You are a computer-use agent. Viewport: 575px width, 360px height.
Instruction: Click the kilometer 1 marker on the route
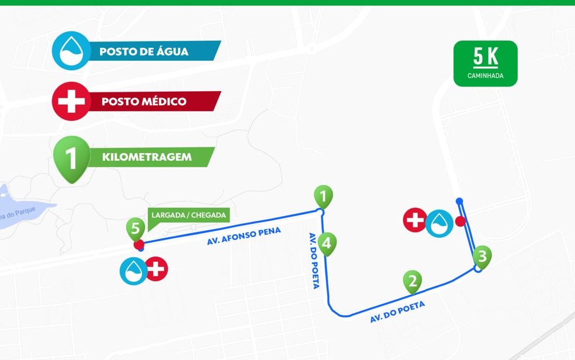tap(323, 196)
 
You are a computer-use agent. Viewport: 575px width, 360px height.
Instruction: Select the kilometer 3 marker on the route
tap(482, 257)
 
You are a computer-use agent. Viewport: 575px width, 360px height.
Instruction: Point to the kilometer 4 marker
tap(327, 243)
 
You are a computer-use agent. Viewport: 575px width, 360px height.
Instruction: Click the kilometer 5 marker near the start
tap(136, 229)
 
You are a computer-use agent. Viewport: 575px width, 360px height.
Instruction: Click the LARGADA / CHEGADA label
tap(189, 215)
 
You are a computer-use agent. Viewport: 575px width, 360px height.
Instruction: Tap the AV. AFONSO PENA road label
tap(244, 236)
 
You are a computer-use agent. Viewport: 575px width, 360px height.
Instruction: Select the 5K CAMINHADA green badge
tap(485, 63)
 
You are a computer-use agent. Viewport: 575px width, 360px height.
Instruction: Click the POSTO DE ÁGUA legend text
tap(144, 51)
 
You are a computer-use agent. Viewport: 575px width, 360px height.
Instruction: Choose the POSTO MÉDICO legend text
tap(144, 101)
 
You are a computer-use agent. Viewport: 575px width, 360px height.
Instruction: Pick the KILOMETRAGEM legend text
tap(146, 157)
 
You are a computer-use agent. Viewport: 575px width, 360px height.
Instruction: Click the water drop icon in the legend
tap(71, 51)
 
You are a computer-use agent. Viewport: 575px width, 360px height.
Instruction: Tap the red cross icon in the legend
tap(71, 101)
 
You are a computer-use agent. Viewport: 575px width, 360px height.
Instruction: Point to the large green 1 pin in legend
tap(71, 158)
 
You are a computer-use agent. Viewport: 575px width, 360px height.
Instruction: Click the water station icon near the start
tap(134, 270)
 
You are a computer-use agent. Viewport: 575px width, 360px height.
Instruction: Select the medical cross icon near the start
tap(156, 269)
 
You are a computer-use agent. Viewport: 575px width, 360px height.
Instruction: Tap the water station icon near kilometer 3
tap(439, 223)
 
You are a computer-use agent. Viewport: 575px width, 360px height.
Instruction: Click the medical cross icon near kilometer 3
tap(415, 220)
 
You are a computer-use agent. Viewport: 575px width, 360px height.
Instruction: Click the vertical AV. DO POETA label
tap(314, 260)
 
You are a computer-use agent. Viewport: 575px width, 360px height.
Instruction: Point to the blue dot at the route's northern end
tap(459, 201)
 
